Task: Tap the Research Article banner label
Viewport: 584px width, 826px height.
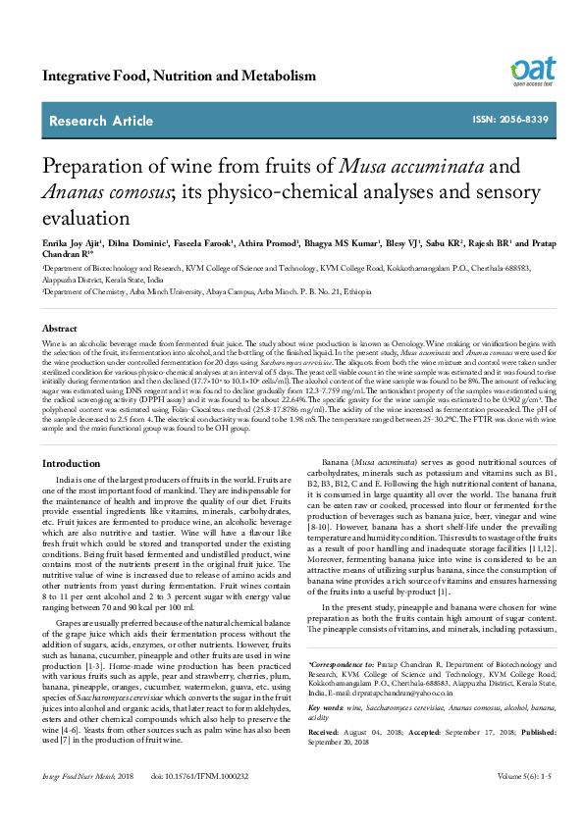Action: click(x=101, y=122)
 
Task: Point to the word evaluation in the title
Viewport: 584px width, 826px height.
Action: click(x=85, y=214)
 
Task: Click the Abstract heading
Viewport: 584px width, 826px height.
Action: click(x=59, y=329)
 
